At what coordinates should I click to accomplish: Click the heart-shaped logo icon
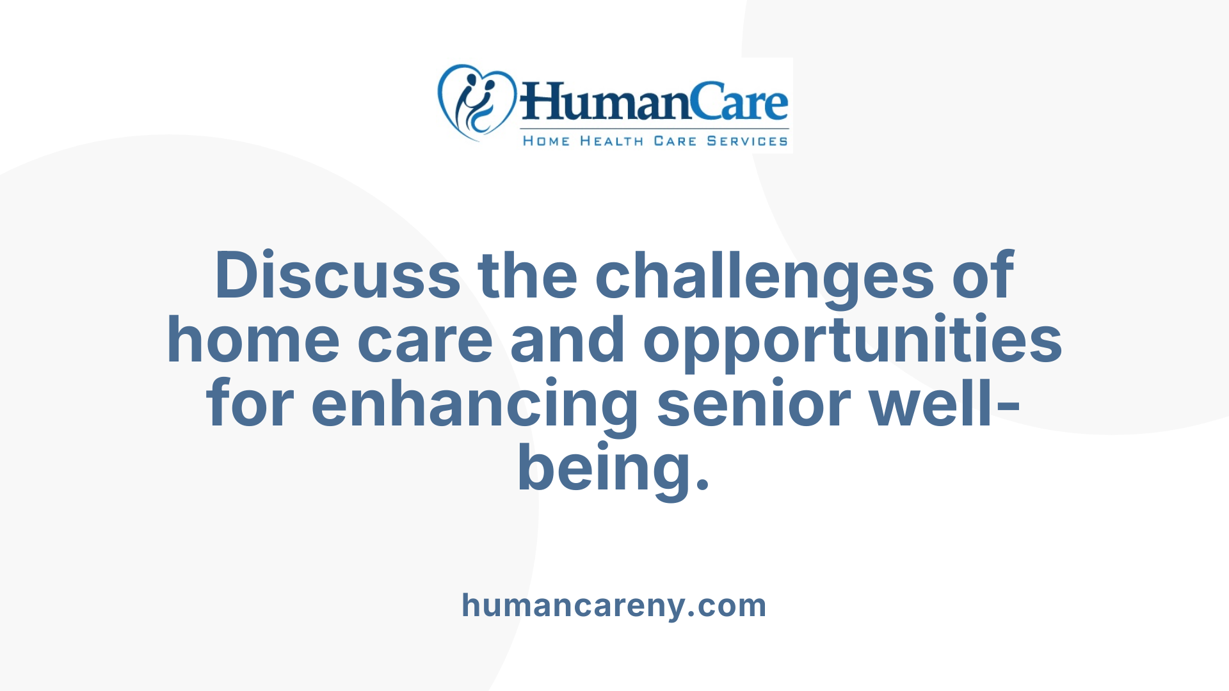[476, 102]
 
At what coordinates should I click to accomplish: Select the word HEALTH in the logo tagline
[611, 141]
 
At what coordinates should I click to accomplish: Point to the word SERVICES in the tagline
[747, 141]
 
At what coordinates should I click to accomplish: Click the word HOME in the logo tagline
[546, 141]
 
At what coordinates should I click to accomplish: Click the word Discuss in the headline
[337, 276]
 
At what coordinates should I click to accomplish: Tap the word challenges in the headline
[765, 276]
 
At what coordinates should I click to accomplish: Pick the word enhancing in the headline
[474, 405]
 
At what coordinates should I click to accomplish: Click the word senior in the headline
[753, 405]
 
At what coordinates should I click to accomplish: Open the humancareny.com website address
[614, 605]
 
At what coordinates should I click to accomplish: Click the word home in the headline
[253, 340]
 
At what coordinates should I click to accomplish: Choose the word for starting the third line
[250, 405]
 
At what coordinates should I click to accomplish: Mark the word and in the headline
[568, 340]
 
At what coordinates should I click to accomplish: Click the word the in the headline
[528, 276]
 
